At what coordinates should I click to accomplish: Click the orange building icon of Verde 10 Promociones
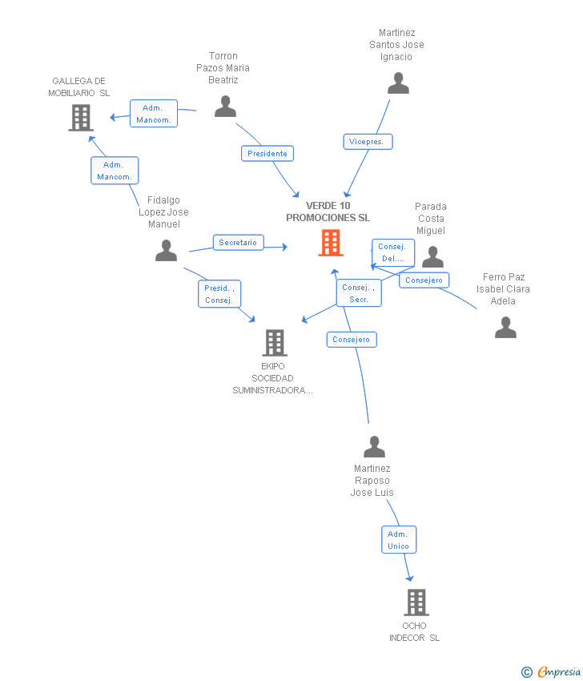pyautogui.click(x=331, y=243)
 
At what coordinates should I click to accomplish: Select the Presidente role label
pyautogui.click(x=267, y=153)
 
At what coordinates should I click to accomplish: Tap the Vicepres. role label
pyautogui.click(x=368, y=142)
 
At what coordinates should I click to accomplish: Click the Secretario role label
pyautogui.click(x=239, y=242)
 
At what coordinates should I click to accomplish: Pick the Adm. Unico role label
pyautogui.click(x=399, y=540)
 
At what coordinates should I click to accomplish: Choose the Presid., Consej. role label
pyautogui.click(x=219, y=294)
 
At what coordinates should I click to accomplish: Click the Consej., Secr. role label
pyautogui.click(x=359, y=293)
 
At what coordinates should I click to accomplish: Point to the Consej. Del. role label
pyautogui.click(x=393, y=252)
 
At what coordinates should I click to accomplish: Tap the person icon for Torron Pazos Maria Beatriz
pyautogui.click(x=225, y=107)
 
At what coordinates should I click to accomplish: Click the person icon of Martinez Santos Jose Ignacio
pyautogui.click(x=399, y=83)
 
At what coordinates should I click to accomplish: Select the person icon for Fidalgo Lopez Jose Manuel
pyautogui.click(x=167, y=250)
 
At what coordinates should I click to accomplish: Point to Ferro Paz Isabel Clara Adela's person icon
pyautogui.click(x=506, y=328)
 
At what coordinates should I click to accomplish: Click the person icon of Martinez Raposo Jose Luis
pyautogui.click(x=374, y=446)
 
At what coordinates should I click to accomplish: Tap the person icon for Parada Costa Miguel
pyautogui.click(x=432, y=257)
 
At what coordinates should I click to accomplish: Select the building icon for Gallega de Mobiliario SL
pyautogui.click(x=81, y=118)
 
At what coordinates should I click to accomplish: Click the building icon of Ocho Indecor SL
pyautogui.click(x=416, y=602)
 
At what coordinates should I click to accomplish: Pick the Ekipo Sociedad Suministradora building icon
pyautogui.click(x=275, y=343)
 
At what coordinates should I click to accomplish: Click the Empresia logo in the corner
pyautogui.click(x=551, y=672)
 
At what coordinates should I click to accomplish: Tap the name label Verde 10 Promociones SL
pyautogui.click(x=328, y=212)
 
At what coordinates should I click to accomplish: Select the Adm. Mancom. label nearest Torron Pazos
pyautogui.click(x=154, y=113)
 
